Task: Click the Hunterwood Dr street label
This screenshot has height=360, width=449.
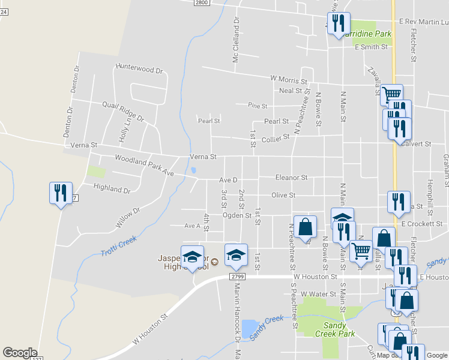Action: pos(139,69)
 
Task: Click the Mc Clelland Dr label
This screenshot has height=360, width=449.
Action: pos(237,40)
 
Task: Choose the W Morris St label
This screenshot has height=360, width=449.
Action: pos(288,79)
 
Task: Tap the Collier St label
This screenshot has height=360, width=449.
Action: pos(276,137)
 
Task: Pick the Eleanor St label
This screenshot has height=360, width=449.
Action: pos(291,178)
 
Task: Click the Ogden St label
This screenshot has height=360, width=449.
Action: pos(237,215)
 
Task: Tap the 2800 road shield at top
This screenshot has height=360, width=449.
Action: pos(202,3)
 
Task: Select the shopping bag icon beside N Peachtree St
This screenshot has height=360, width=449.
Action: pos(305,227)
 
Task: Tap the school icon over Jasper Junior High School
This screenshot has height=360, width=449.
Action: pos(192,257)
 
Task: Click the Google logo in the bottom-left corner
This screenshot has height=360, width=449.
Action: pos(20,353)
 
